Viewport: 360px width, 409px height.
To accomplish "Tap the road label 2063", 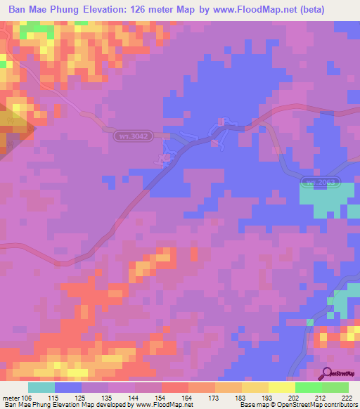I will pyautogui.click(x=321, y=183).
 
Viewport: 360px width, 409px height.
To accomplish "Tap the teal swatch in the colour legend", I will pyautogui.click(x=41, y=387).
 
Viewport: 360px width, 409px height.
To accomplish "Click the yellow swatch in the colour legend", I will pyautogui.click(x=281, y=387).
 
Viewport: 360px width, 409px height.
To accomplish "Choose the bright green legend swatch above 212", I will pyautogui.click(x=308, y=387).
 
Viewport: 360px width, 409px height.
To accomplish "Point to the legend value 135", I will pyautogui.click(x=94, y=398).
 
